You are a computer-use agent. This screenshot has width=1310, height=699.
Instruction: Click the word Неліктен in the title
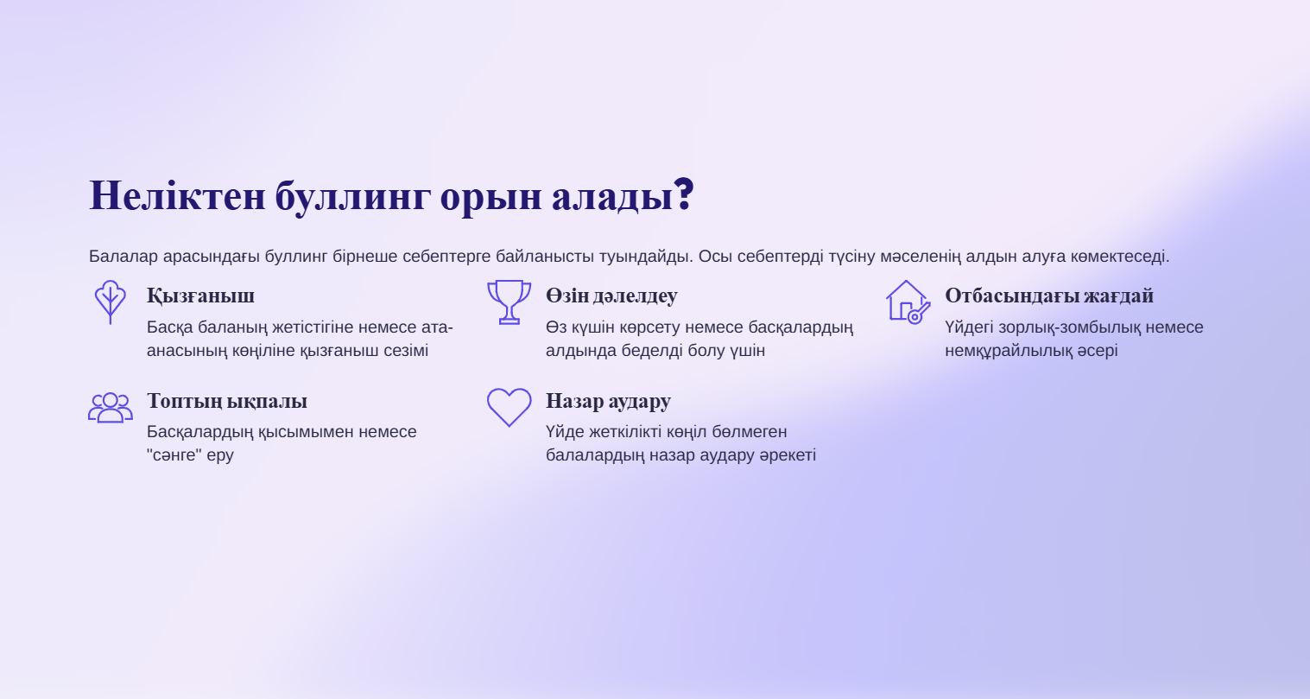[x=177, y=195]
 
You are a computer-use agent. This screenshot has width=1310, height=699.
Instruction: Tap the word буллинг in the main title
[x=353, y=198]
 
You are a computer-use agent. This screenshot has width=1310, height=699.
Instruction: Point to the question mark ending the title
[x=683, y=194]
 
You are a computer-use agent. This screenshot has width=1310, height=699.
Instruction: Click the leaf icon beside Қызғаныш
[x=111, y=302]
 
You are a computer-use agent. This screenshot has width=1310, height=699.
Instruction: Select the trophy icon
[x=509, y=302]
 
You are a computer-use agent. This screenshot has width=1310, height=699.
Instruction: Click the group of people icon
[x=111, y=407]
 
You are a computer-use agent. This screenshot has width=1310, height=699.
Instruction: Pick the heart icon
[x=509, y=407]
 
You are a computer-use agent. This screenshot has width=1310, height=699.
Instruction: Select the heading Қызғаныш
[x=200, y=296]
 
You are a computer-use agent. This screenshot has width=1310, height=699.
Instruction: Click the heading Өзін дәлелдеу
[x=611, y=296]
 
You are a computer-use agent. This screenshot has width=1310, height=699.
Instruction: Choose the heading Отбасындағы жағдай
[x=1049, y=296]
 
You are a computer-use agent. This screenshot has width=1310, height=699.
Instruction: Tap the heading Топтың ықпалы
[x=227, y=401]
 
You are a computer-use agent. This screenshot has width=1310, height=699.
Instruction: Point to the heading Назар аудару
[x=608, y=401]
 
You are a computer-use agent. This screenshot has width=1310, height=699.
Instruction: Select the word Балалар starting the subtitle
[x=123, y=257]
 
